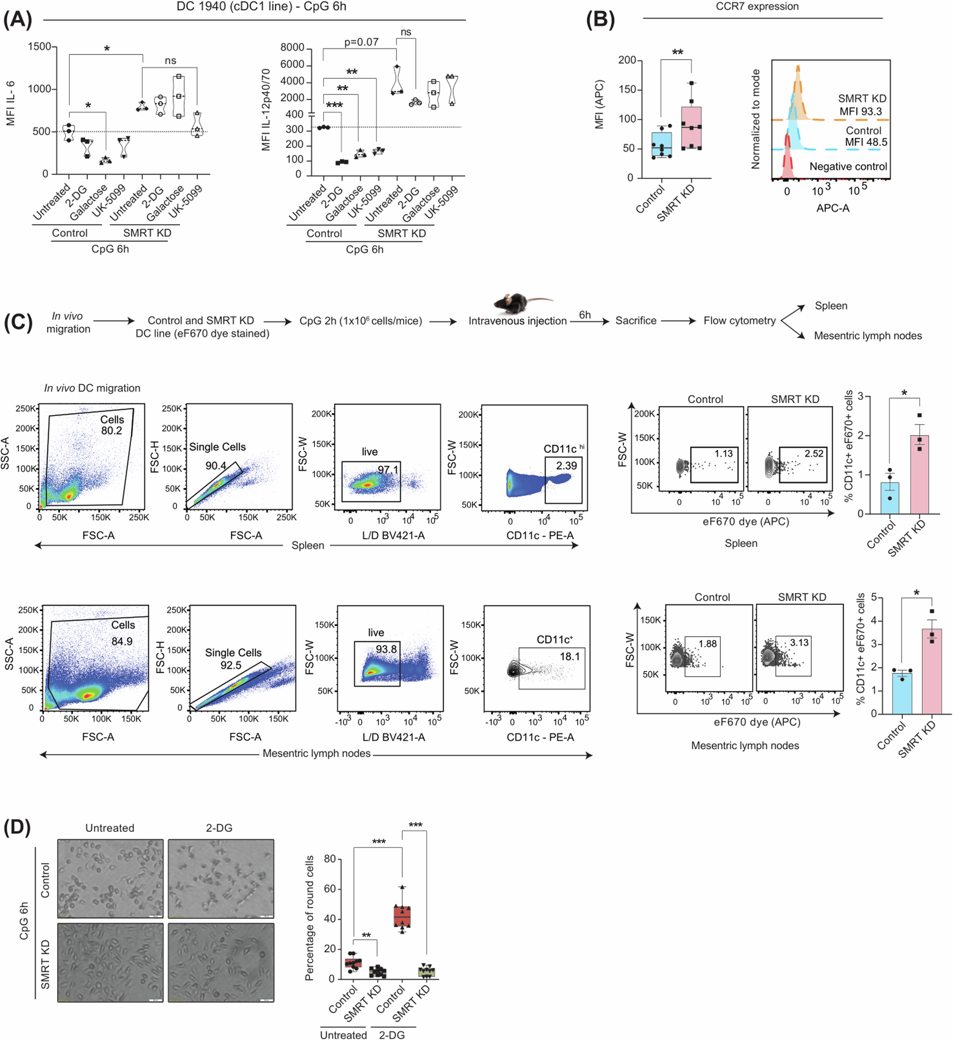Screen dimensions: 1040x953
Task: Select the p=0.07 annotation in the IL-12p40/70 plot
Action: (x=361, y=42)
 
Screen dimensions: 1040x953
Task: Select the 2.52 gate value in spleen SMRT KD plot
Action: (x=814, y=454)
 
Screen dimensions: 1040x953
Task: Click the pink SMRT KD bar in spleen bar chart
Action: (x=919, y=475)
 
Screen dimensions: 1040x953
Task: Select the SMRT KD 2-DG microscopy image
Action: (x=221, y=962)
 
